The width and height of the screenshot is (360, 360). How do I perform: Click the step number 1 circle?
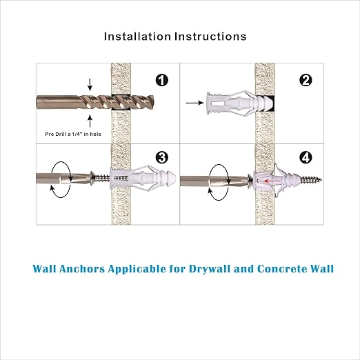click(162, 81)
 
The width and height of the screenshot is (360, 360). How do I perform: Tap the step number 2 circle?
click(306, 81)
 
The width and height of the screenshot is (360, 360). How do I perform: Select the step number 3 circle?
click(162, 158)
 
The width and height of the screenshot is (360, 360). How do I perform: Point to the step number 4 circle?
click(306, 158)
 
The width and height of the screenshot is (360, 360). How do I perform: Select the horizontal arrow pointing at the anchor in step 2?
click(196, 103)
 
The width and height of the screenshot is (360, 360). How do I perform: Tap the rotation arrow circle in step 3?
click(62, 181)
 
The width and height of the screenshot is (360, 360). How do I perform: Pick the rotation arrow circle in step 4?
click(219, 181)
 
